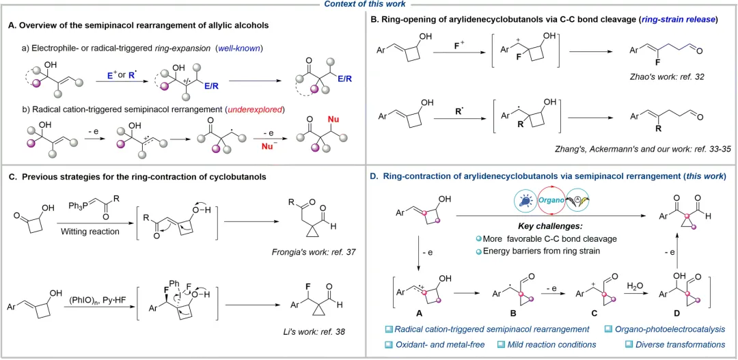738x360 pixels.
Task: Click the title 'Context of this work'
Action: (369, 5)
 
